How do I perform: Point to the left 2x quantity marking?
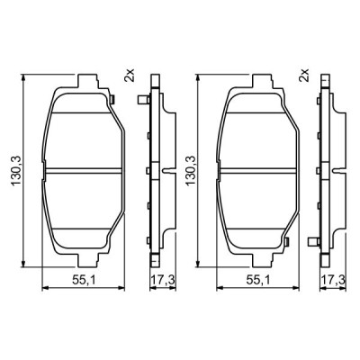pos(131,76)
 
